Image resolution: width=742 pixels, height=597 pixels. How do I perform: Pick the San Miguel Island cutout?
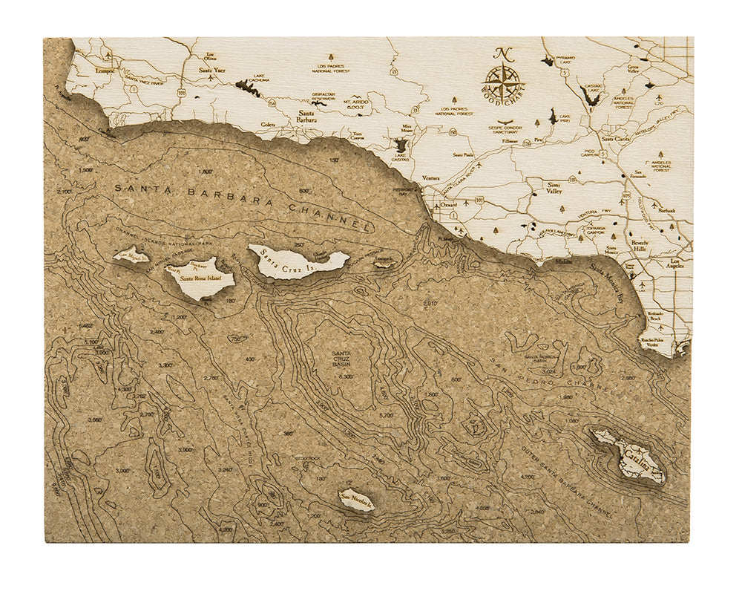tap(131, 256)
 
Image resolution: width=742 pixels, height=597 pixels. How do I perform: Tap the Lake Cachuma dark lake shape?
tap(248, 88)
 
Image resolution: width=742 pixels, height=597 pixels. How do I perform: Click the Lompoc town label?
tap(106, 71)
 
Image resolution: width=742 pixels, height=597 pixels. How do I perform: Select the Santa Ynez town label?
tap(212, 70)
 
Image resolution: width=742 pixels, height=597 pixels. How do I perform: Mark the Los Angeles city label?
tap(677, 264)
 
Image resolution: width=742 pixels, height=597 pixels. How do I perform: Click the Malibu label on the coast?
tap(559, 261)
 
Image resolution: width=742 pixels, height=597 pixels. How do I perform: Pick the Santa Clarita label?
tap(616, 139)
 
